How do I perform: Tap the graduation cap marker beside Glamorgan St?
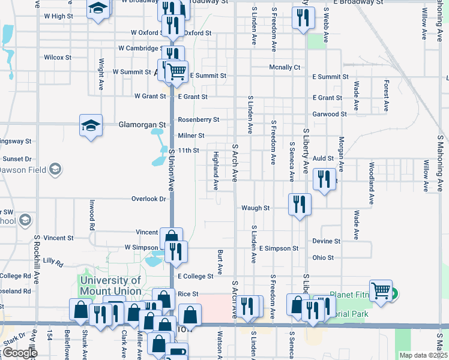click(x=91, y=126)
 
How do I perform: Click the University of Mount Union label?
click(x=110, y=286)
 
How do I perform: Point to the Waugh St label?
click(x=255, y=208)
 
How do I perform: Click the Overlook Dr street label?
click(x=149, y=199)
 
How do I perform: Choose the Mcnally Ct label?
click(x=285, y=67)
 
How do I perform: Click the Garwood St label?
click(x=330, y=114)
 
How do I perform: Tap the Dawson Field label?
click(x=24, y=170)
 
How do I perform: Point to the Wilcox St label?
click(x=58, y=58)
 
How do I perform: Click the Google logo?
click(x=19, y=353)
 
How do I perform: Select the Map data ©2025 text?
click(x=423, y=355)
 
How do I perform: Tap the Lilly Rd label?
click(x=53, y=262)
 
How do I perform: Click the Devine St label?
click(x=326, y=241)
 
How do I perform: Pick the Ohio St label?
click(x=323, y=257)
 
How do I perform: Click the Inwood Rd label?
click(x=92, y=215)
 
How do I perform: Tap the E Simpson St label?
click(x=279, y=248)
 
